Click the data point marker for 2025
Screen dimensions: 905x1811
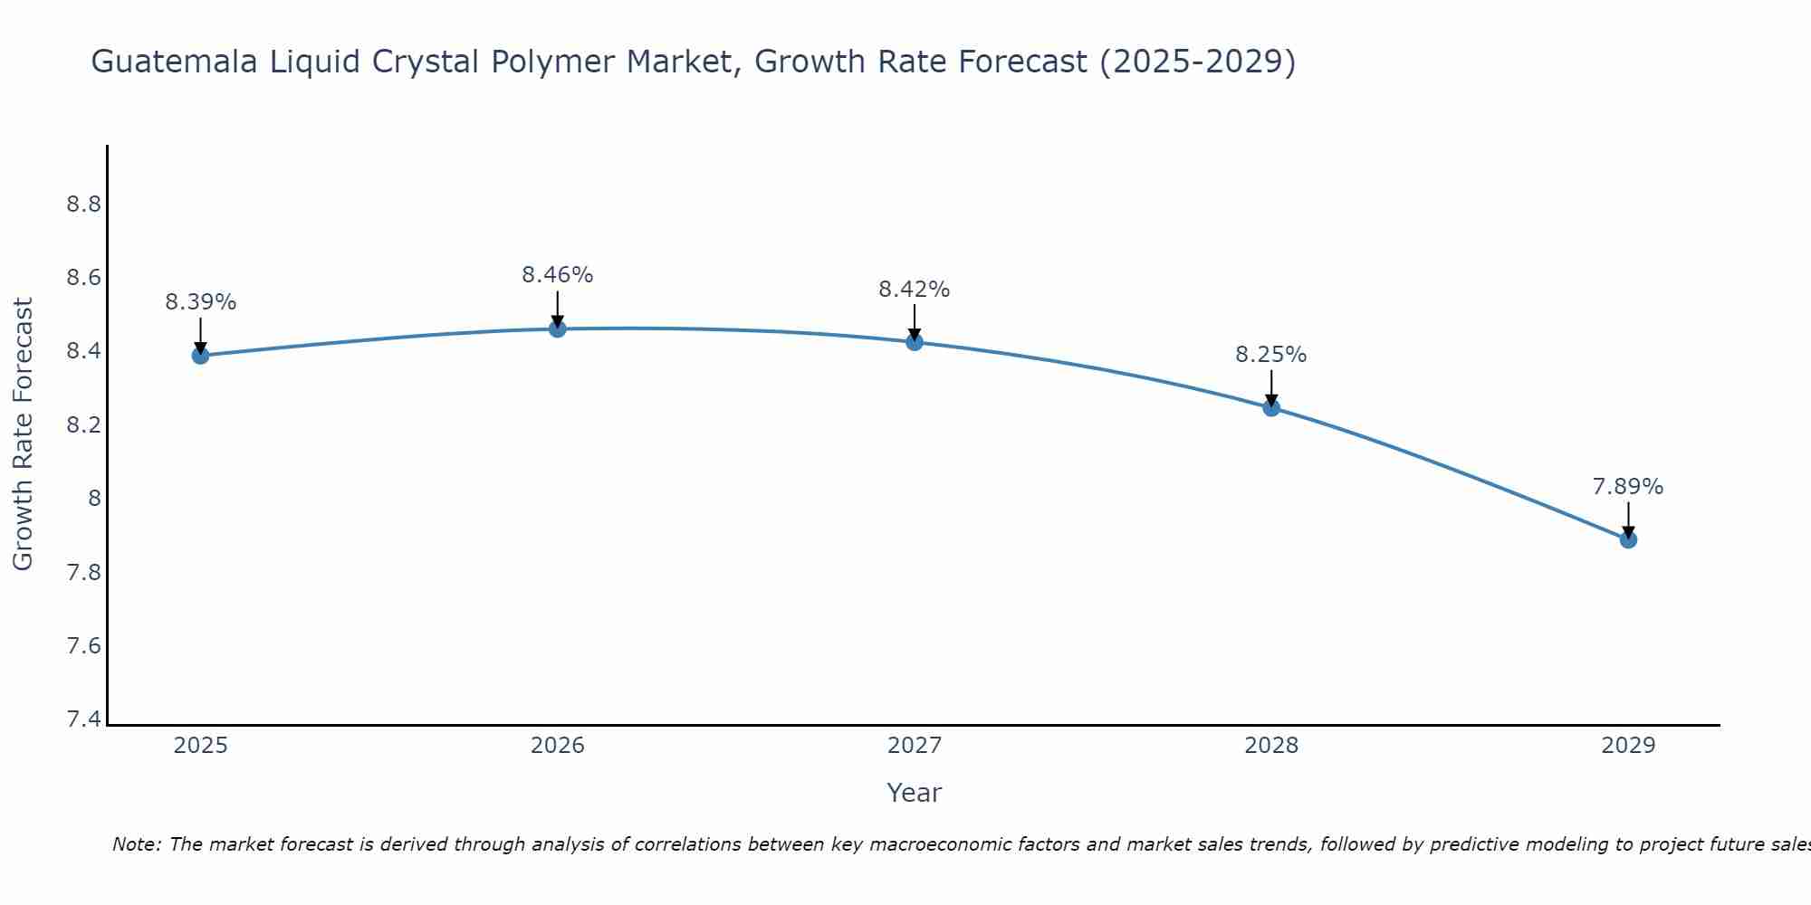[x=200, y=356]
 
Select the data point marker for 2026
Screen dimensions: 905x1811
[x=558, y=329]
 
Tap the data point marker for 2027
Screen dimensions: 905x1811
[x=915, y=342]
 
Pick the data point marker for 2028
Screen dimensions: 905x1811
[x=1271, y=407]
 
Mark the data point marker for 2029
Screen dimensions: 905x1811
[x=1628, y=539]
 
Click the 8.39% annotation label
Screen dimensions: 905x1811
[x=200, y=302]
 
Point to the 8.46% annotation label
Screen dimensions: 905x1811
[x=558, y=275]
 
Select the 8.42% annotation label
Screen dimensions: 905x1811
[x=915, y=290]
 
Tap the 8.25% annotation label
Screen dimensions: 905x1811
[x=1271, y=355]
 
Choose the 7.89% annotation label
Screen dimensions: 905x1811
[x=1628, y=487]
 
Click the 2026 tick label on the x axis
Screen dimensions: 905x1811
[x=558, y=746]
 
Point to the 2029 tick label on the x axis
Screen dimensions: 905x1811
[x=1628, y=746]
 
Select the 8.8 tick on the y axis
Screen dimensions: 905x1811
[x=83, y=205]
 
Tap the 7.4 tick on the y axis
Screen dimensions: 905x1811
[x=83, y=719]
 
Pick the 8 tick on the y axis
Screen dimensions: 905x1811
[x=93, y=499]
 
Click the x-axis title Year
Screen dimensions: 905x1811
[x=915, y=793]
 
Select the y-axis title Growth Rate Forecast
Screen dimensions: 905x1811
[x=23, y=434]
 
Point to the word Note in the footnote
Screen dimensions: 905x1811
[x=136, y=844]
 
